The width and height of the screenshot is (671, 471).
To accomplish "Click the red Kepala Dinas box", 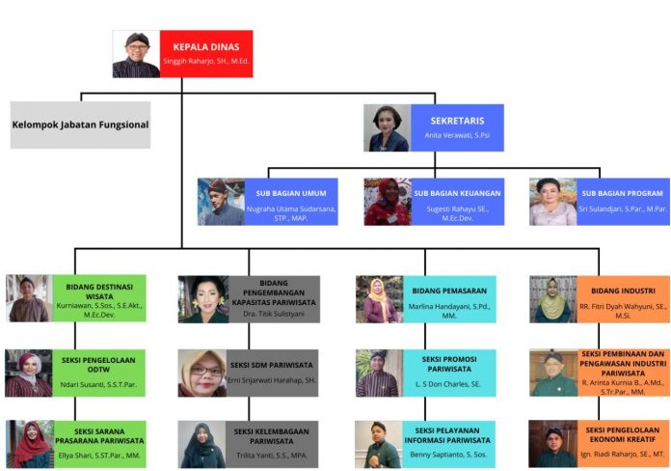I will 206,53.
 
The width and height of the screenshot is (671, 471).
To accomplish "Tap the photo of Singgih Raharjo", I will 136,54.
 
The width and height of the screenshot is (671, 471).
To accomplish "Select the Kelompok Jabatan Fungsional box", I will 81,125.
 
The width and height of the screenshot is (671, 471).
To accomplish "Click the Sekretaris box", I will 457,127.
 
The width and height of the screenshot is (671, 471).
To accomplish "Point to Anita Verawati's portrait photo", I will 387,128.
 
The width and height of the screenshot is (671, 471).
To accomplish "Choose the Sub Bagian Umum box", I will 291,201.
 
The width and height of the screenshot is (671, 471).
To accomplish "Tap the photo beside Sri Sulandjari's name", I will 552,202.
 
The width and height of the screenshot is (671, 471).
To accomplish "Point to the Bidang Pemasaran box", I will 447,298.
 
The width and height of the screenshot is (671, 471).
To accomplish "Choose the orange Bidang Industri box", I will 622,298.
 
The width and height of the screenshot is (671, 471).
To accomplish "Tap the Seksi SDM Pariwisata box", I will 273,373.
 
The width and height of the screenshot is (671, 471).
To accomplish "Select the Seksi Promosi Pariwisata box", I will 447,373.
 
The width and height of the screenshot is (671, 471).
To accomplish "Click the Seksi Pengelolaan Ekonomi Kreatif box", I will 622,444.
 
